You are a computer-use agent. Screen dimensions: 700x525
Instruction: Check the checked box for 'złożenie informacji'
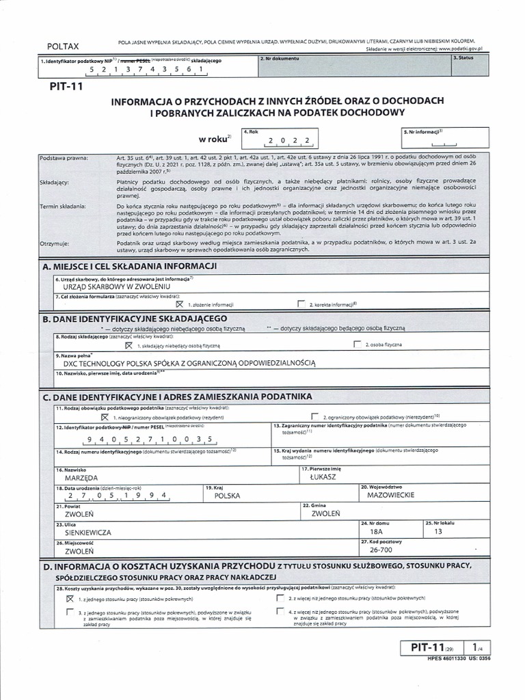(x=180, y=304)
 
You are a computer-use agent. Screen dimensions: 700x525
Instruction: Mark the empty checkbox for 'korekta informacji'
(x=301, y=304)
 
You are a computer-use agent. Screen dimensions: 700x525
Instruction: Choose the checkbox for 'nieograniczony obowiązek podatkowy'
(x=105, y=416)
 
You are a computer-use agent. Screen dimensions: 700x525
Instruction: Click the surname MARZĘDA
(x=81, y=479)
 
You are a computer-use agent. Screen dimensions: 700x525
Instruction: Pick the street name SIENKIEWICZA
(x=88, y=531)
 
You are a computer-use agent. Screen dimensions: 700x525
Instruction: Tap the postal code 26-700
(x=381, y=549)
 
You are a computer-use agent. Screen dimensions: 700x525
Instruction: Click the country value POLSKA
(x=229, y=496)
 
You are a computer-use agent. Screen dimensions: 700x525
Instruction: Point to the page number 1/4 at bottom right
(x=476, y=646)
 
